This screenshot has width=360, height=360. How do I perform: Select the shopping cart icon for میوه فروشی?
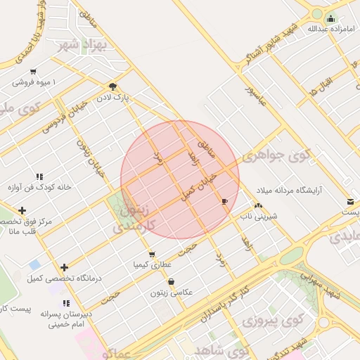[x=34, y=72]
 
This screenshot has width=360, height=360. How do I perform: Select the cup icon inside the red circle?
[x=224, y=202]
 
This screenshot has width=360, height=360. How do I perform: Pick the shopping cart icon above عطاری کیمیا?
[x=151, y=254]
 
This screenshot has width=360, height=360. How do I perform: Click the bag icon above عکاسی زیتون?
[x=172, y=281]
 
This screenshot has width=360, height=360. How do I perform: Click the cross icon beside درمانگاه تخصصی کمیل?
[x=65, y=267]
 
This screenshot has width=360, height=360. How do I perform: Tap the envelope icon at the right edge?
[x=350, y=202]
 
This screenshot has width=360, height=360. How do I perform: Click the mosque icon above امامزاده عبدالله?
[x=330, y=18]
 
